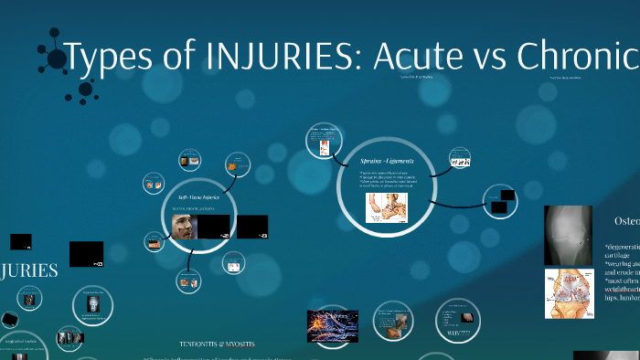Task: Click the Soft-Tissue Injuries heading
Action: pyautogui.click(x=198, y=196)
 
